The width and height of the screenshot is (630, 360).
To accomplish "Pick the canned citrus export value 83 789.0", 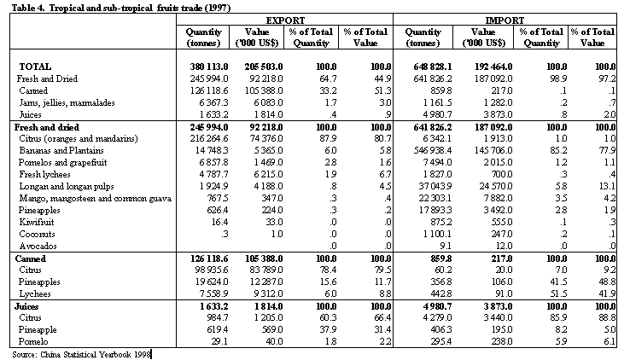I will [x=264, y=270].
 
